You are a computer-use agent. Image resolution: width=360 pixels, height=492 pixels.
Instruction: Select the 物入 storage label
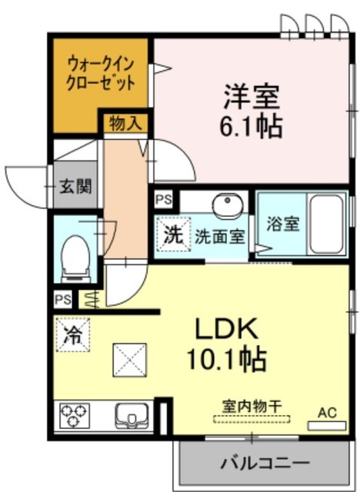pyautogui.click(x=123, y=123)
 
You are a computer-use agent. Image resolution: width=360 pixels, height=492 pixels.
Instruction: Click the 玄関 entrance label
pyautogui.click(x=76, y=185)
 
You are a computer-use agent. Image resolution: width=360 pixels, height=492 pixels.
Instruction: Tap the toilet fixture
pyautogui.click(x=75, y=257)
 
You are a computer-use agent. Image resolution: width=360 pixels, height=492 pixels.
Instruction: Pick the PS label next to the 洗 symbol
pyautogui.click(x=164, y=199)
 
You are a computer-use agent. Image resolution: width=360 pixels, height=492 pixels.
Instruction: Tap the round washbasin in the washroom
pyautogui.click(x=228, y=206)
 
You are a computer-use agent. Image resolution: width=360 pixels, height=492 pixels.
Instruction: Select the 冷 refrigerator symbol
pyautogui.click(x=73, y=334)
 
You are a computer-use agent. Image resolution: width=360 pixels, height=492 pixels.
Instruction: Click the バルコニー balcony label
pyautogui.click(x=265, y=464)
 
